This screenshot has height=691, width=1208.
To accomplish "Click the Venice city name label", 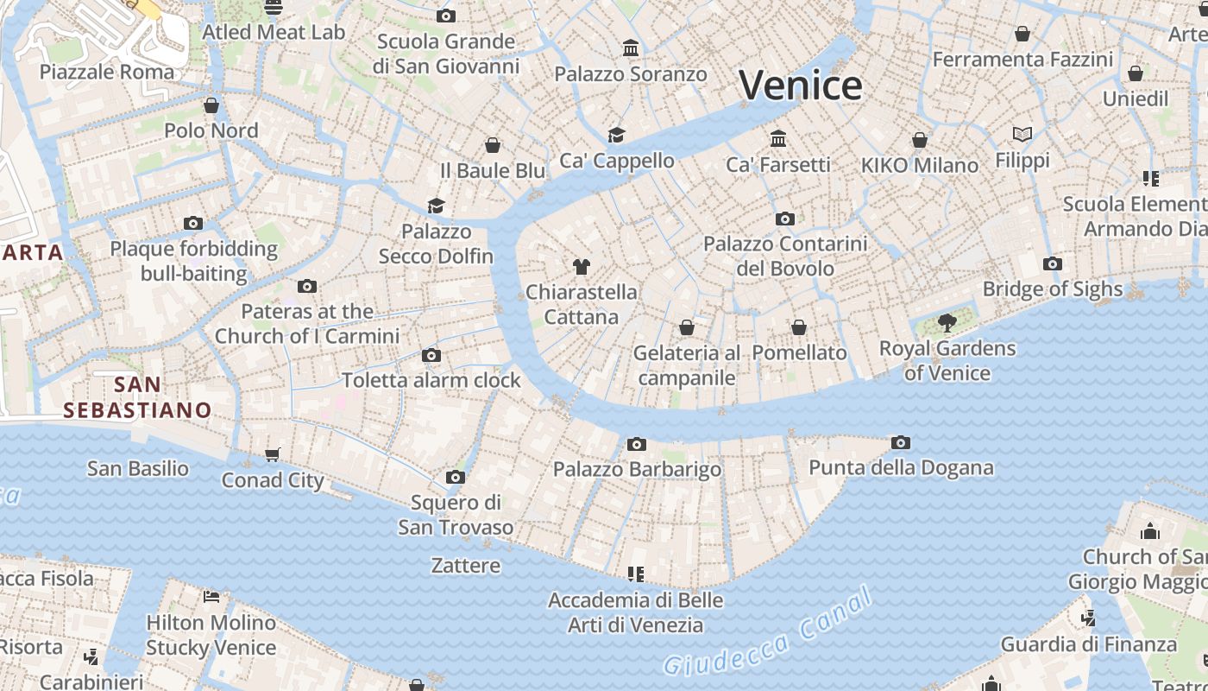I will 800,85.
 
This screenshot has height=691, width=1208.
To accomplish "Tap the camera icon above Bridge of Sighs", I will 1052,264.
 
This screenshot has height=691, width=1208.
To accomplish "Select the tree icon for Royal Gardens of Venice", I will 947,324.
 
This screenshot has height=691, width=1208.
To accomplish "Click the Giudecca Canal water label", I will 769,636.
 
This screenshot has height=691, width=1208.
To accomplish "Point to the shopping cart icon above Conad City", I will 273,455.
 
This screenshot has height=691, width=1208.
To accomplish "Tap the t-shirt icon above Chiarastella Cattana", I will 581,267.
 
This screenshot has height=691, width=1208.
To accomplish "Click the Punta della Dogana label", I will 901,468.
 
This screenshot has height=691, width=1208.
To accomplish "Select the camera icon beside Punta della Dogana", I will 901,443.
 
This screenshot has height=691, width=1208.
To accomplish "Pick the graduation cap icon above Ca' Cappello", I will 616,136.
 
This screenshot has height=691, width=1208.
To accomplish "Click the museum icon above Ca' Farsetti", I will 778,139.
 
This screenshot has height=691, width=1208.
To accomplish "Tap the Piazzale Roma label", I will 107,72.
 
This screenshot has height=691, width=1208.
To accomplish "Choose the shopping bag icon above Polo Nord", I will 211,105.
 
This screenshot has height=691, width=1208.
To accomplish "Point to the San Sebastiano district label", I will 138,396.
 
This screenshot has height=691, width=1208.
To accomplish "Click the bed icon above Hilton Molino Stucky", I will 211,596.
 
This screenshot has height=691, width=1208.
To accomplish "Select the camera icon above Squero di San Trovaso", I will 456,478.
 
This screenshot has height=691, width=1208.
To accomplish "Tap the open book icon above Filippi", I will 1022,135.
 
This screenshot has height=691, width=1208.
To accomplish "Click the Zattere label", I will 465,566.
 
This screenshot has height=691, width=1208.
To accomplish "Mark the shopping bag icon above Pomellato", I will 799,327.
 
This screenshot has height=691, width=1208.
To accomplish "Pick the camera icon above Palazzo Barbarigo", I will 637,445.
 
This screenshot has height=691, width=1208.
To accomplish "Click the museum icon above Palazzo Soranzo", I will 631,48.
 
